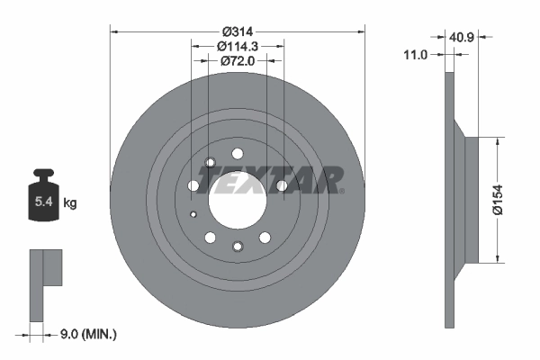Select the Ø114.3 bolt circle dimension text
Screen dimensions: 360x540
pos(238,44)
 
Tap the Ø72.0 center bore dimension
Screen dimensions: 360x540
pos(238,61)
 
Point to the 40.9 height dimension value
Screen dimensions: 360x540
pos(462,38)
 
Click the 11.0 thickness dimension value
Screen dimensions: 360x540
pos(415,55)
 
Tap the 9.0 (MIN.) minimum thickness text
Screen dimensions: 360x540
pos(87,334)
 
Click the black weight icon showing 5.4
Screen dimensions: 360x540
pos(43,198)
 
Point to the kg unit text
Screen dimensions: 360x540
pos(70,204)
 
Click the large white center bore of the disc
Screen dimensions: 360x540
pos(238,198)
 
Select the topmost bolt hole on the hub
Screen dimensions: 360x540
pos(238,154)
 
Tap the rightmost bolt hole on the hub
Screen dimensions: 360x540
pos(281,185)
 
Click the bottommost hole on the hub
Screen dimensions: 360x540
pos(238,247)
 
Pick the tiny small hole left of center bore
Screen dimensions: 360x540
pos(194,214)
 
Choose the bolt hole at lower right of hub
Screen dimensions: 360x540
pos(265,238)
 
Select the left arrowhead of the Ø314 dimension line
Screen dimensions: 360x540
pos(113,31)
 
